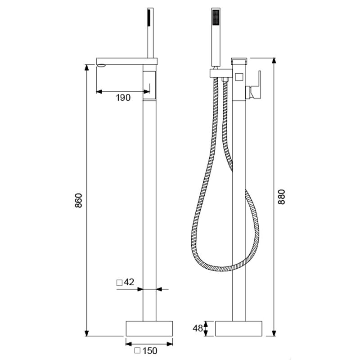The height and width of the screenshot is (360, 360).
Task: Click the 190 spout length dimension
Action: click(x=123, y=98)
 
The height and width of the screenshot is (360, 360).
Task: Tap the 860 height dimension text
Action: click(x=78, y=200)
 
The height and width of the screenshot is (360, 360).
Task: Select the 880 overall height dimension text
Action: click(x=282, y=197)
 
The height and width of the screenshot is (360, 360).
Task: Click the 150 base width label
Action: click(x=150, y=350)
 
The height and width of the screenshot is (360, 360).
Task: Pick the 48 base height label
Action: click(x=197, y=328)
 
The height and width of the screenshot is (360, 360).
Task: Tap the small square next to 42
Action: click(x=119, y=283)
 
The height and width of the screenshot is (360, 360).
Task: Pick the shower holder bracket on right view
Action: click(x=220, y=72)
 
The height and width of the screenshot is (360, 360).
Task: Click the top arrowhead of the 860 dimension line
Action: click(x=87, y=67)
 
